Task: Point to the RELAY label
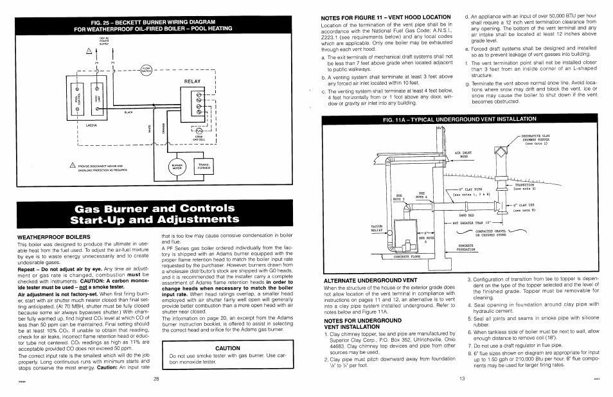coord(193,82)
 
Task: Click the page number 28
coord(156,378)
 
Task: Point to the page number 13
coord(461,378)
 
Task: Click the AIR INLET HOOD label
coord(463,155)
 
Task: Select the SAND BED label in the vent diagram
coord(466,215)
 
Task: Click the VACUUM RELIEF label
coord(377,228)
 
